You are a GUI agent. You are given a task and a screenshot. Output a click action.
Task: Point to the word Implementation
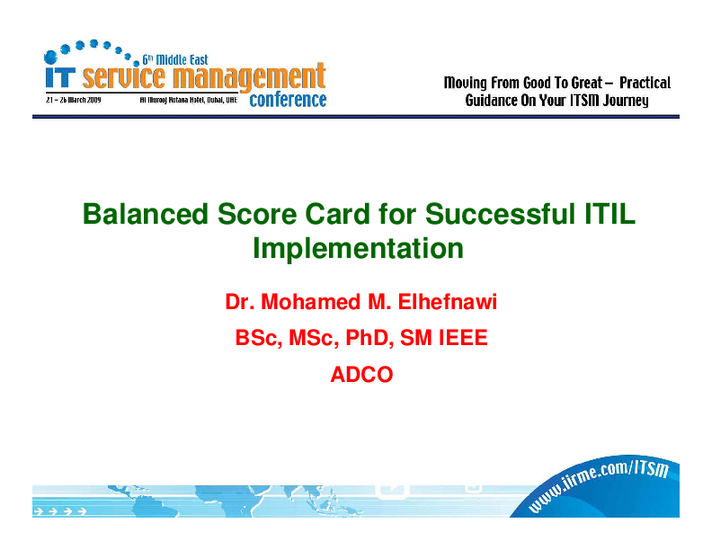click(358, 248)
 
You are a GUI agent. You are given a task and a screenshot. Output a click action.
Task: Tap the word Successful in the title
click(493, 215)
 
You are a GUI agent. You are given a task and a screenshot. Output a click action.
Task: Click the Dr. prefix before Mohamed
click(240, 303)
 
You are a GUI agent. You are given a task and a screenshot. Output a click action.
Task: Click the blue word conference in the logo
click(288, 100)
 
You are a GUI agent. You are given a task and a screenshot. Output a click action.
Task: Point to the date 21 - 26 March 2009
click(74, 100)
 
